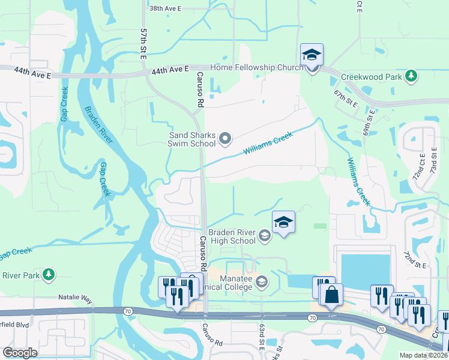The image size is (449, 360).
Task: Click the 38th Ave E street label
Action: pos(165,9)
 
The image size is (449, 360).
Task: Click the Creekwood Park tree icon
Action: pos(411,76)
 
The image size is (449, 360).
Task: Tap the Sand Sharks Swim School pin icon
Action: pos(226,139)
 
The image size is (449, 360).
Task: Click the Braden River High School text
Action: pos(232,236)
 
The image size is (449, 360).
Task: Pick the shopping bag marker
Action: pos(331,295)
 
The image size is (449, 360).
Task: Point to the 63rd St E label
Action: pos(262,339)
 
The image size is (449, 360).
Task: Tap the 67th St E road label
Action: pos(345,97)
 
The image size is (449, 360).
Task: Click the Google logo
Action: pos(20,353)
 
